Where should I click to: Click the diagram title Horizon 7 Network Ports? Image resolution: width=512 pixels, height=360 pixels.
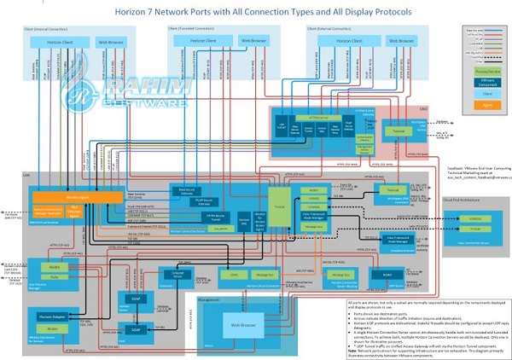coord(256,12)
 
